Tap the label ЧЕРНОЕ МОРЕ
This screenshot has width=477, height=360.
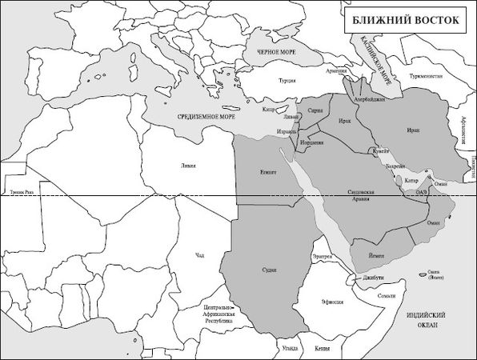click(278, 52)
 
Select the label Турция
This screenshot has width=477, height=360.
click(287, 81)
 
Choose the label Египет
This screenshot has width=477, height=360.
click(268, 172)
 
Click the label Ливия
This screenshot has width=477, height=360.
click(188, 166)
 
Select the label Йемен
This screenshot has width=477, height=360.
click(377, 255)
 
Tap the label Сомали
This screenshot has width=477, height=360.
click(387, 296)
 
